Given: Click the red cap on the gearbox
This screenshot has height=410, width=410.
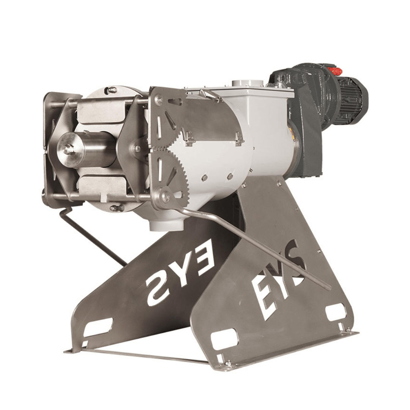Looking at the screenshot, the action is pos(336,70).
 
